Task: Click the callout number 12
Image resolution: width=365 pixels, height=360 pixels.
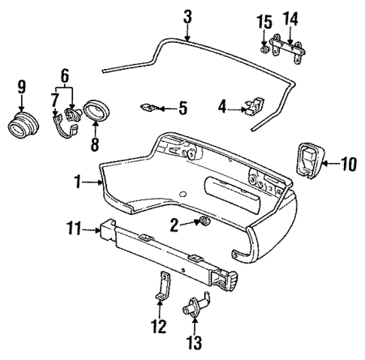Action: (159, 326)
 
